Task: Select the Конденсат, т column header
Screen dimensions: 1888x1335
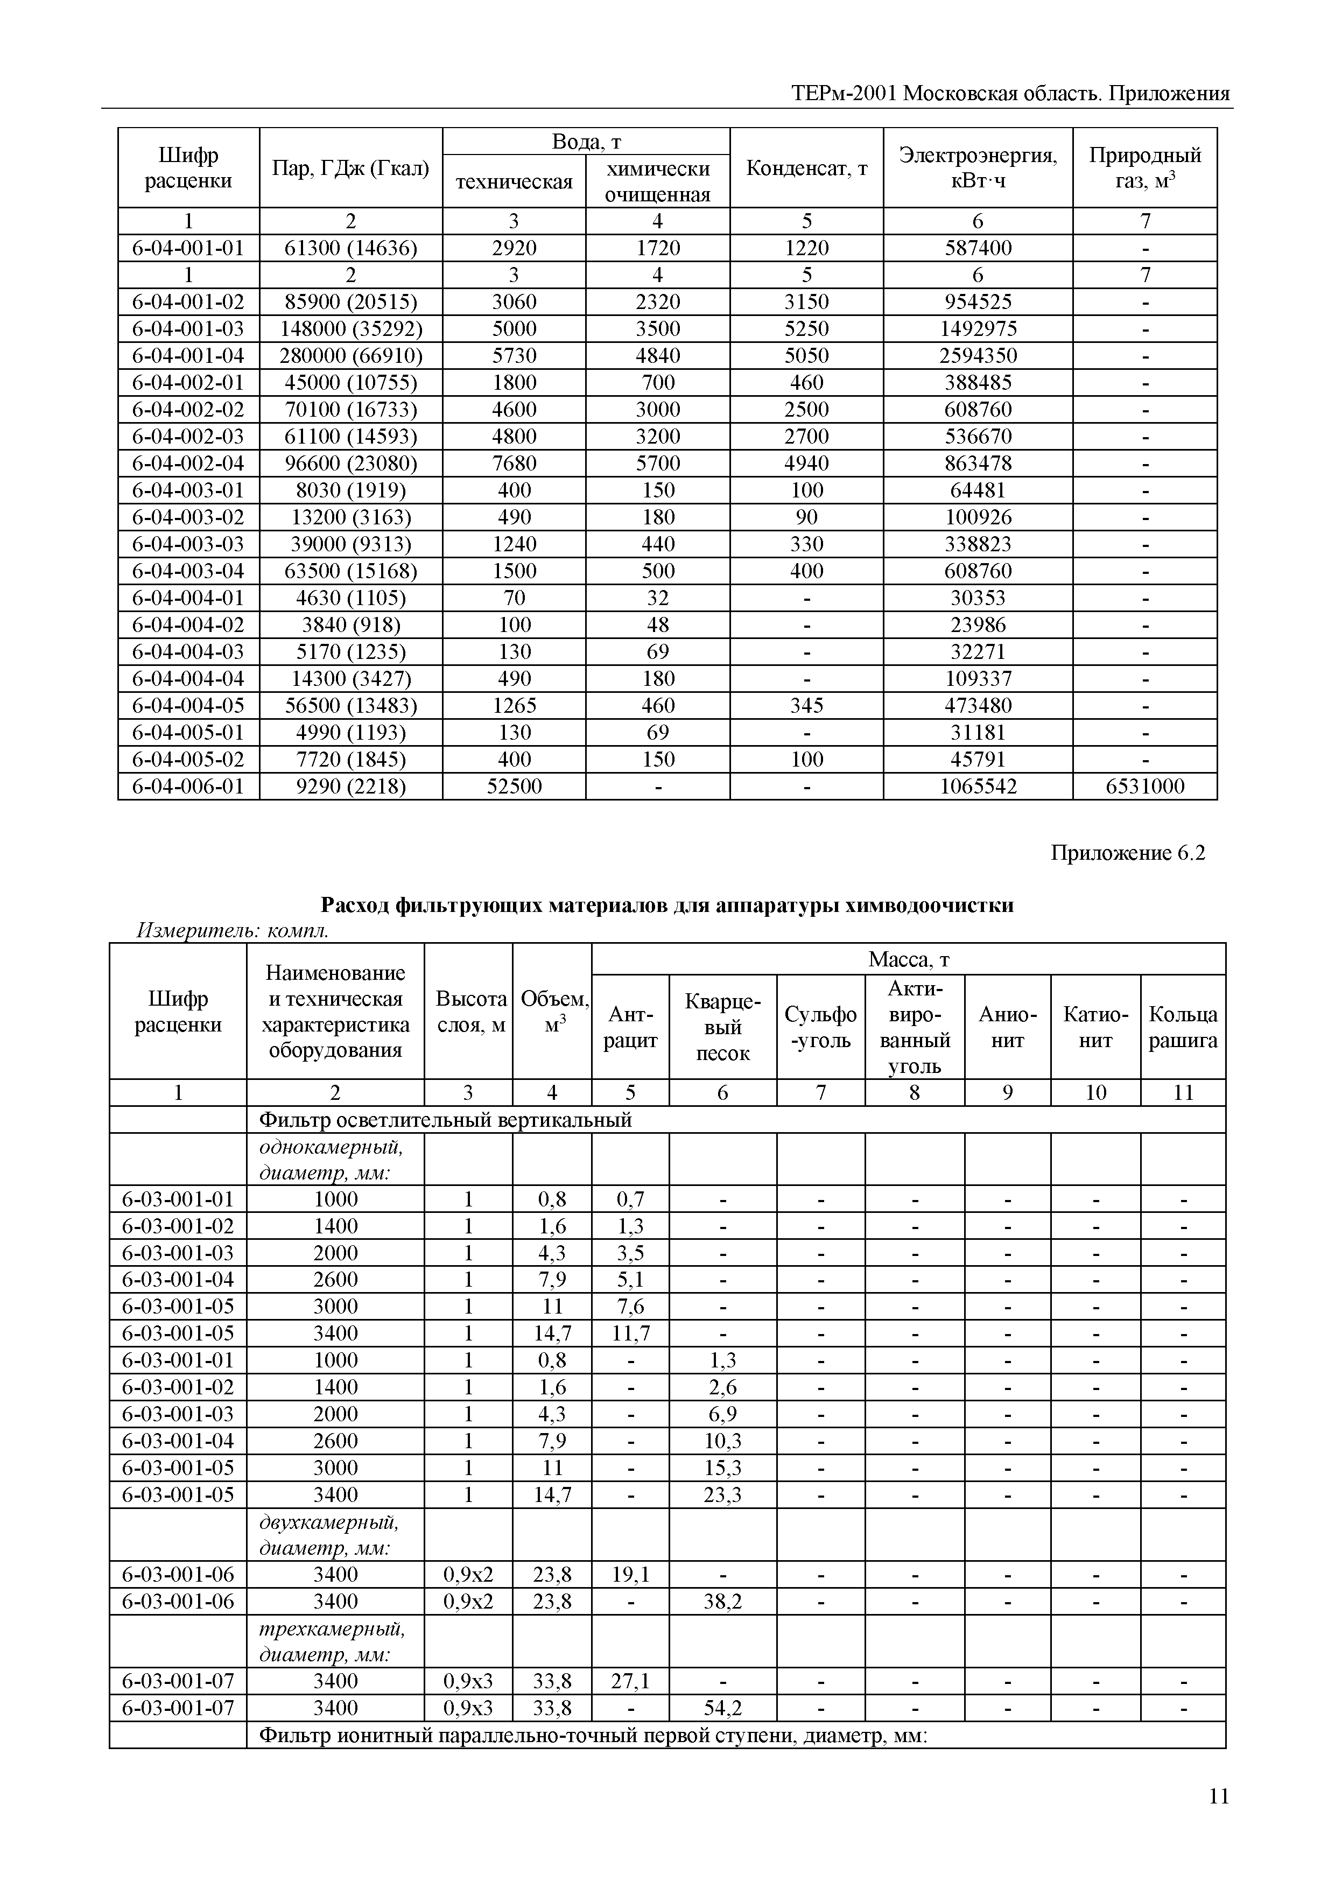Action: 806,169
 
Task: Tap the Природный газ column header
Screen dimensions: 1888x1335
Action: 1144,168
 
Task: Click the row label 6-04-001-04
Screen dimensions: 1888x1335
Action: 188,356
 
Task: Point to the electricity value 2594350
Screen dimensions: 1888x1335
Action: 978,356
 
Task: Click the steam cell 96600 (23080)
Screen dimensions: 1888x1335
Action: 351,464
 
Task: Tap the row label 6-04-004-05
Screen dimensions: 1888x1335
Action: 188,706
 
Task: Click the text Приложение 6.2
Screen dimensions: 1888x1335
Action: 1128,853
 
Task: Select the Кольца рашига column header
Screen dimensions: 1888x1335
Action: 1182,1028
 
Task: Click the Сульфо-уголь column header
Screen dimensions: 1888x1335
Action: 820,1028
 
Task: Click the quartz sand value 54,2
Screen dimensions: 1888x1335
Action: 722,1709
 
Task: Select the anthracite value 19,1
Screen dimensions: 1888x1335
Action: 630,1575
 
